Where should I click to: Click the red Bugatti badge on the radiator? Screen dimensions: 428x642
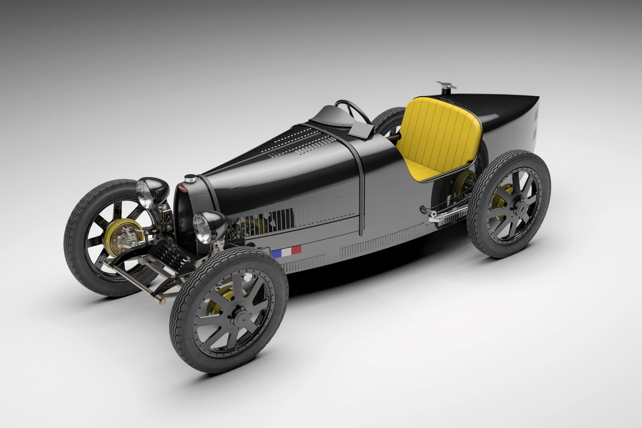click(x=183, y=188)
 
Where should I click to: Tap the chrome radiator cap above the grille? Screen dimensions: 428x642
click(x=190, y=178)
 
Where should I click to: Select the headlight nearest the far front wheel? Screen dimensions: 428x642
click(x=151, y=192)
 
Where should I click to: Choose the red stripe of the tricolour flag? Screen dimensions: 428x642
click(x=296, y=250)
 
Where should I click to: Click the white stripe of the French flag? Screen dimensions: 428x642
click(x=286, y=252)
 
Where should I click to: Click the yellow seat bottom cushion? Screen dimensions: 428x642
click(x=421, y=171)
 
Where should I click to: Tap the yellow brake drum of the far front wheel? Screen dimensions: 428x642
click(x=123, y=237)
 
